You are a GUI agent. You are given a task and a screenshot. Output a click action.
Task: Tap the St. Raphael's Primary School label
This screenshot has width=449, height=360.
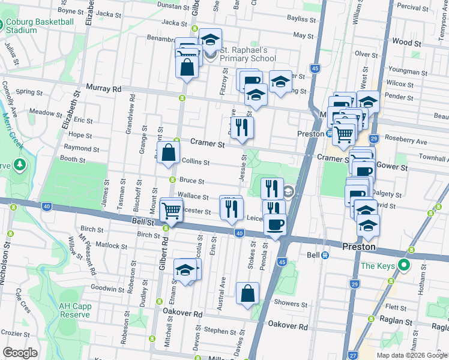(x=247, y=54)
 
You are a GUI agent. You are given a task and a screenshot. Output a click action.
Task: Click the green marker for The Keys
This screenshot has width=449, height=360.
(x=404, y=265)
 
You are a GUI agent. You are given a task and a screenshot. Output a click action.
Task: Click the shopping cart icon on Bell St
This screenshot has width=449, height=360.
(x=172, y=211)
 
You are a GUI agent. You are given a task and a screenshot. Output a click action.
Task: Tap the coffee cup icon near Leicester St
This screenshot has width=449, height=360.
(x=275, y=224)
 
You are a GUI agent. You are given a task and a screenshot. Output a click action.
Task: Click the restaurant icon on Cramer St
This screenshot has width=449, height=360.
(x=242, y=127)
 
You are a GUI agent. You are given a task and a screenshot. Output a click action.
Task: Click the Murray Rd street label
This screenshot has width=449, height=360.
(x=103, y=88)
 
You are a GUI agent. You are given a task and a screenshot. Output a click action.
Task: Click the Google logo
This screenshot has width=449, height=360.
(x=20, y=353)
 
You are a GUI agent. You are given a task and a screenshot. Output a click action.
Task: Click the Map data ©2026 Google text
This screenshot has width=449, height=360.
(x=411, y=355)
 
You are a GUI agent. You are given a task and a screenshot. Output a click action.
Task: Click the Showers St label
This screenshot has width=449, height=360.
(x=291, y=304)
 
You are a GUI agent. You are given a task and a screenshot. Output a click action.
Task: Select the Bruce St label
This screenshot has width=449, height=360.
(x=192, y=181)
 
